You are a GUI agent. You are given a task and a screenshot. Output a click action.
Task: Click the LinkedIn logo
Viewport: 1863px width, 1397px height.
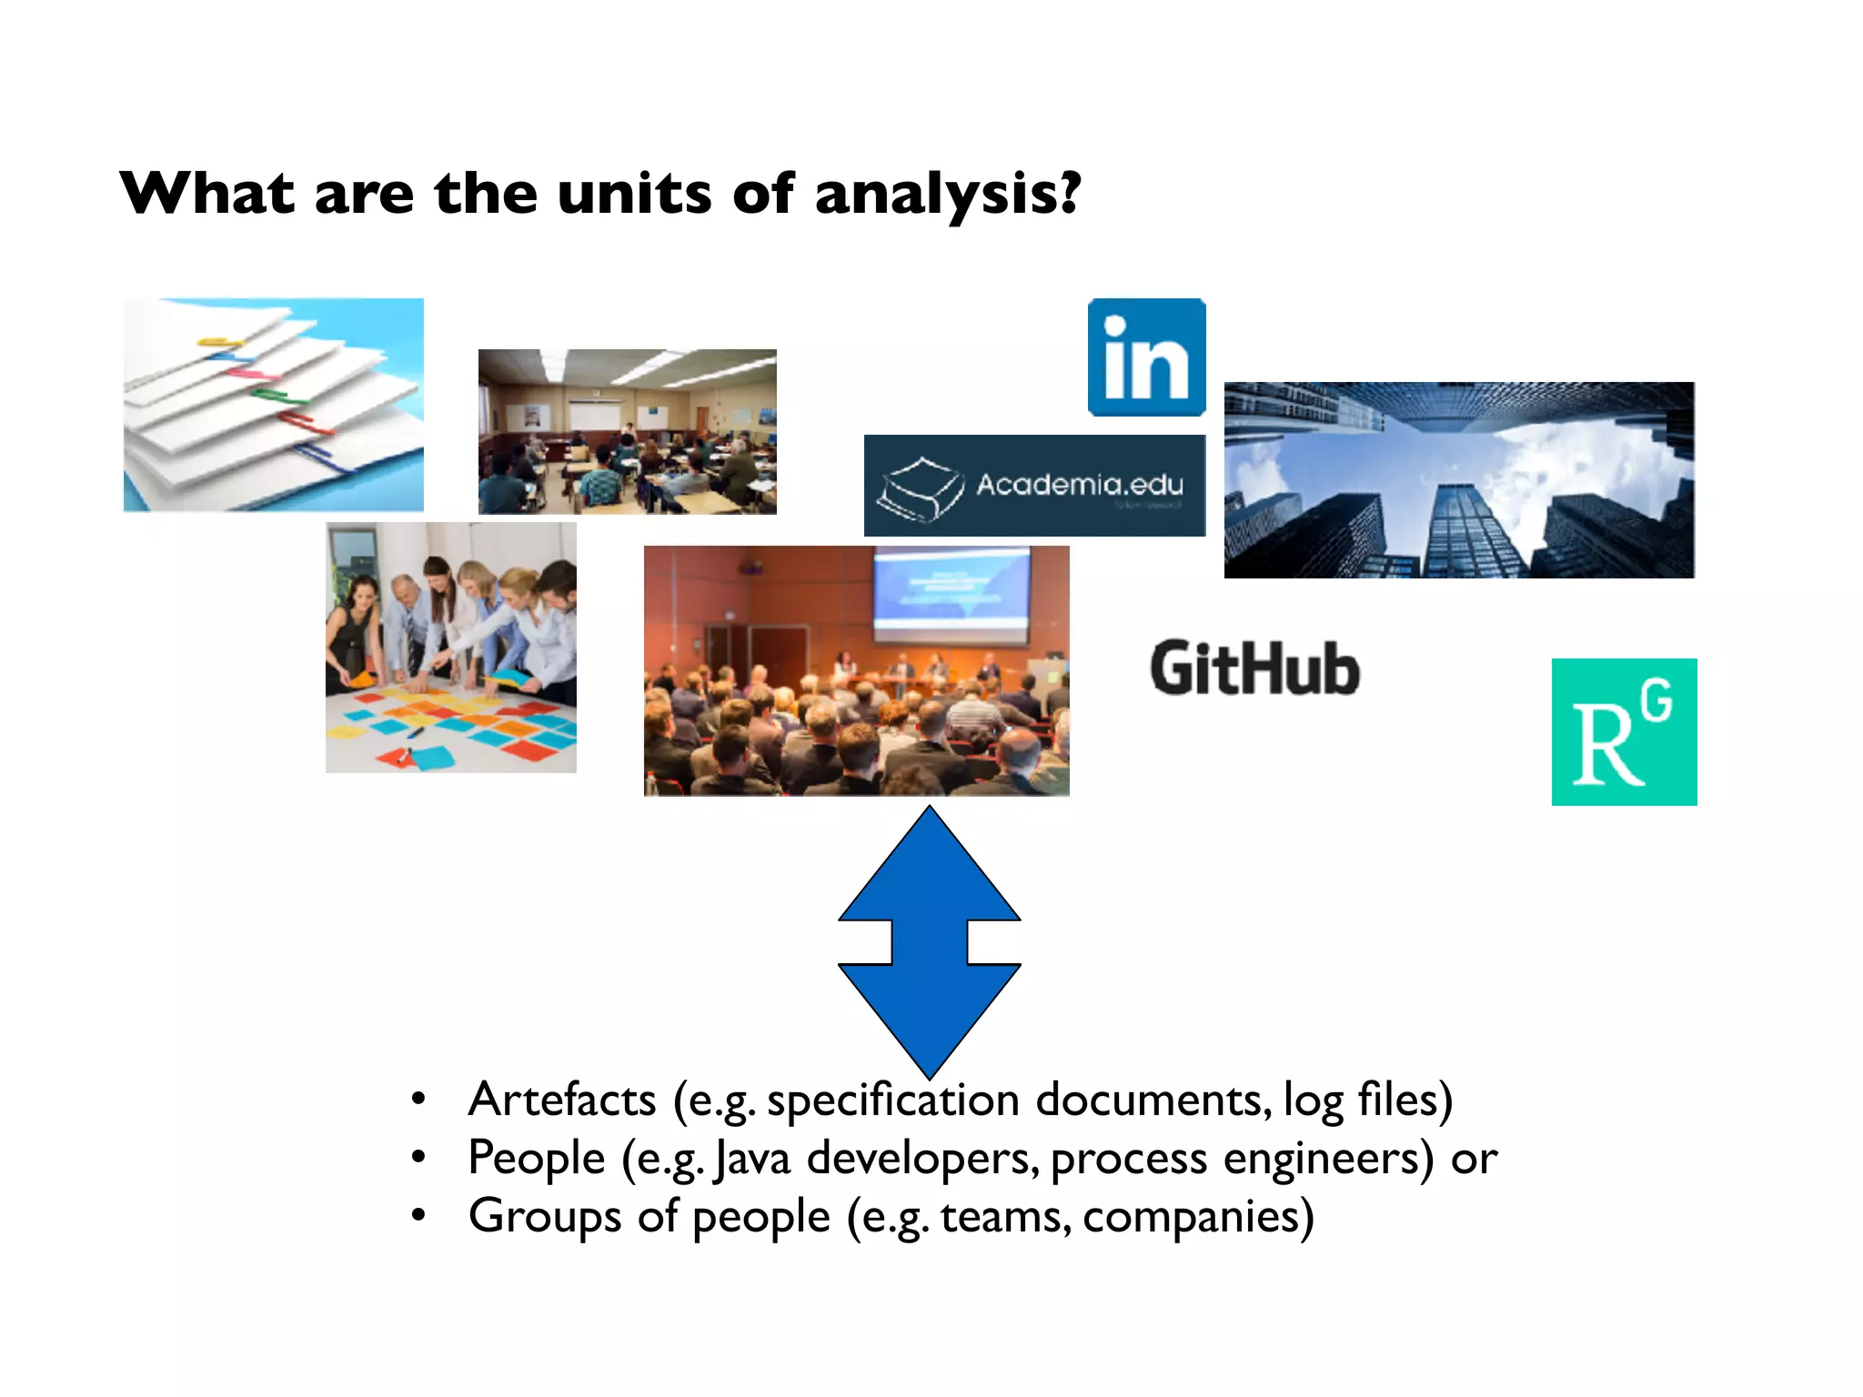(x=1146, y=357)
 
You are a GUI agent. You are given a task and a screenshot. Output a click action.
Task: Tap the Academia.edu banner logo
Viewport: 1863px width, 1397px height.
(x=1034, y=486)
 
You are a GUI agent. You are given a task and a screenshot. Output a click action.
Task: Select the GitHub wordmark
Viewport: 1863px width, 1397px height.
(x=1254, y=668)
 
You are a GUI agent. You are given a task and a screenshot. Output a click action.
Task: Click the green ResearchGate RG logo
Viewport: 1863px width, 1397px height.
(x=1624, y=732)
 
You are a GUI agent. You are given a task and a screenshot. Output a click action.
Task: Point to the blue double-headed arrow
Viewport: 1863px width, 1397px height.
(x=929, y=941)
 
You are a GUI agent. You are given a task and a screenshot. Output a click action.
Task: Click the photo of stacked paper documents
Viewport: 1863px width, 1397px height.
(x=273, y=405)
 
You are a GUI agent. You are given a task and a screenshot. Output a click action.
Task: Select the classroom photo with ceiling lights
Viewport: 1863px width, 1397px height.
(x=627, y=432)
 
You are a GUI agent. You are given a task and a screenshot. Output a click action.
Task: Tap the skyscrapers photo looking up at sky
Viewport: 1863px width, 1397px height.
(x=1458, y=480)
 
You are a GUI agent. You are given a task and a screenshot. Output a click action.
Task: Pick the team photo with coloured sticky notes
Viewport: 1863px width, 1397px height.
(x=450, y=648)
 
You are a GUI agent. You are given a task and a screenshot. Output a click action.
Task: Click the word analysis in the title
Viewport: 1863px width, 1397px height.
(x=946, y=194)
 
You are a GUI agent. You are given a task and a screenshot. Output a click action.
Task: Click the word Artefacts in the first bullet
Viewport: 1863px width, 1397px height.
(x=561, y=1100)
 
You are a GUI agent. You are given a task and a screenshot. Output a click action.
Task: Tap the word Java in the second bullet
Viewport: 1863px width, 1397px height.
(x=752, y=1159)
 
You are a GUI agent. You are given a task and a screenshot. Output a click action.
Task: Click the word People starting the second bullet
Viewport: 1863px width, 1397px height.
(x=536, y=1159)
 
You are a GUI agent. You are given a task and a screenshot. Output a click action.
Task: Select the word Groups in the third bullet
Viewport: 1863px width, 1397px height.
(x=545, y=1217)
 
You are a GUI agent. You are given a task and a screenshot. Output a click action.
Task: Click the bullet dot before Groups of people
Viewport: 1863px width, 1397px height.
(x=418, y=1215)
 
